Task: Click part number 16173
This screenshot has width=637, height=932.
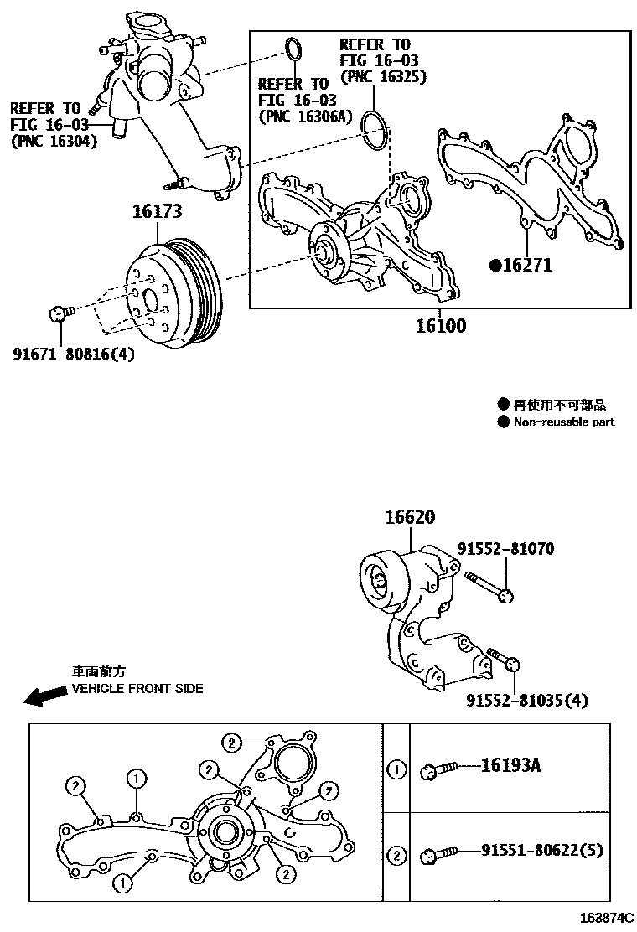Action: coord(156,212)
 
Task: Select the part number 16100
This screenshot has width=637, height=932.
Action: coord(441,325)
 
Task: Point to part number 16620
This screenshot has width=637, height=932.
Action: coord(411,519)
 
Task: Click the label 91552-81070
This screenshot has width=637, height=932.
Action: coord(505,549)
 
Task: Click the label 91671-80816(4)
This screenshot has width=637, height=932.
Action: coord(74,353)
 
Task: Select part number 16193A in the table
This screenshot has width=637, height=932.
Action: coord(510,765)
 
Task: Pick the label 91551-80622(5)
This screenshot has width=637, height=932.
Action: coord(541,851)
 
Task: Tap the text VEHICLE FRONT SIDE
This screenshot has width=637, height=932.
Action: coord(137,688)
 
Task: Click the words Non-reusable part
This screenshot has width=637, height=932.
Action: coord(564,422)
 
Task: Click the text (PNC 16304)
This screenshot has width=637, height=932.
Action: coord(54,141)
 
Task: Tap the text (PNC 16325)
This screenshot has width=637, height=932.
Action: coord(384,77)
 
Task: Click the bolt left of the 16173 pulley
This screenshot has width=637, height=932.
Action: coord(60,313)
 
